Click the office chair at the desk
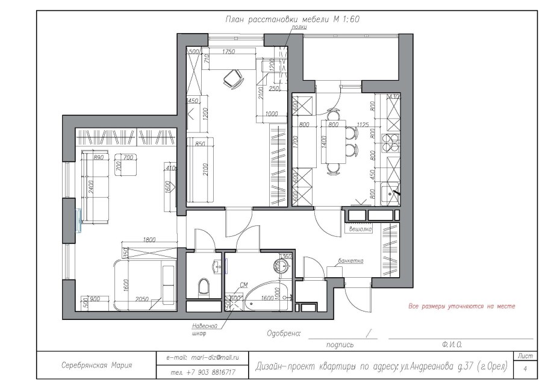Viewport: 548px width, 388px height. (x=232, y=77)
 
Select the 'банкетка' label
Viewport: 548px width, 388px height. (x=350, y=261)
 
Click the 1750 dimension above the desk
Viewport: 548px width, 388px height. (x=228, y=52)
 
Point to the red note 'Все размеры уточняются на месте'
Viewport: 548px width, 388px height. (x=462, y=306)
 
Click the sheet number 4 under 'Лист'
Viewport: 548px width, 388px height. (x=526, y=368)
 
